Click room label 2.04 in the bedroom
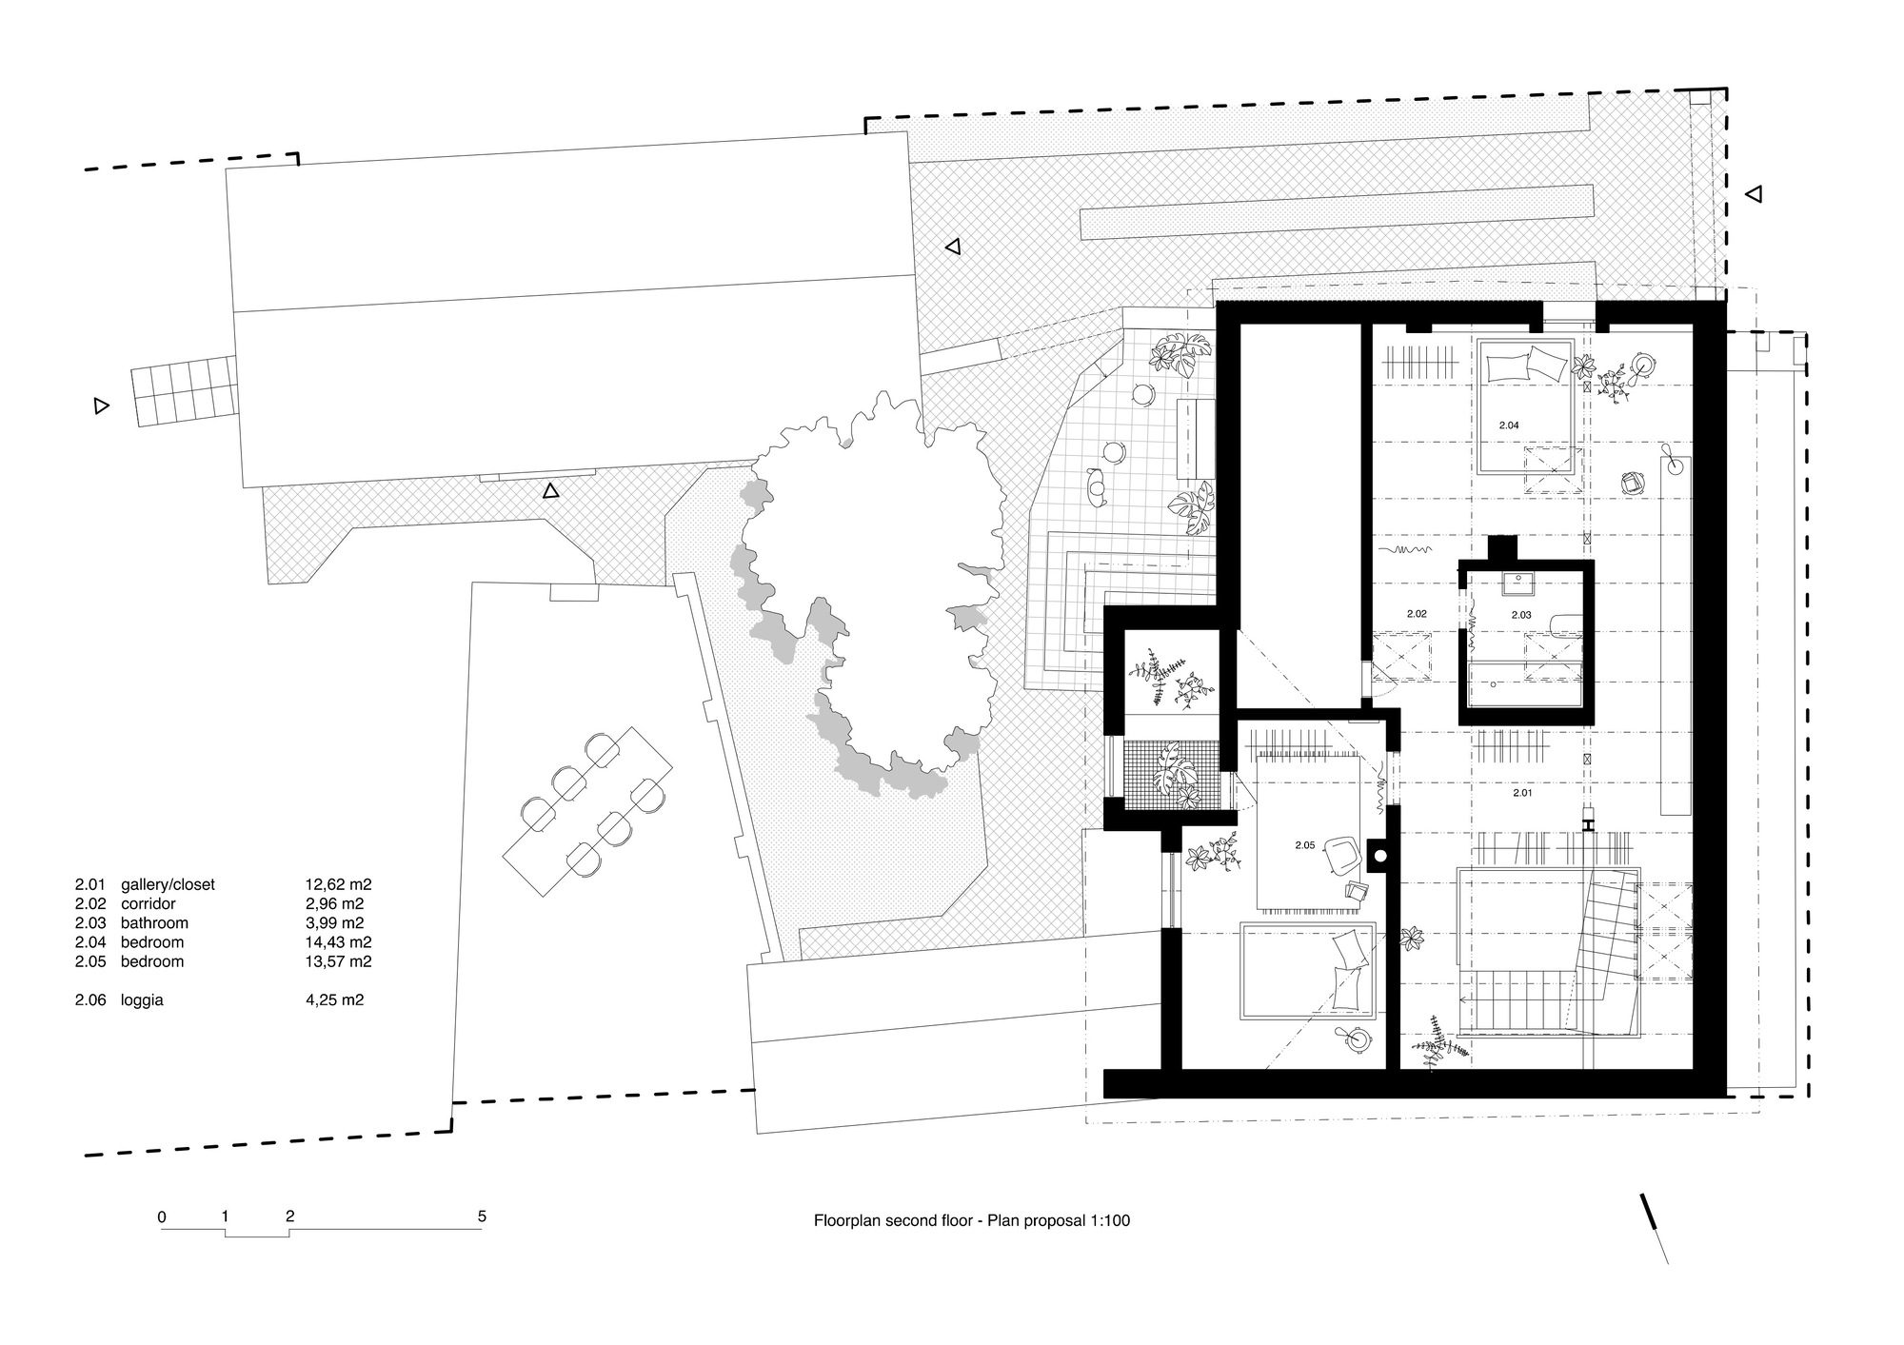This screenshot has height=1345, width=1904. click(1509, 425)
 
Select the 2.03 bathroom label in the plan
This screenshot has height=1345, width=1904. click(1521, 615)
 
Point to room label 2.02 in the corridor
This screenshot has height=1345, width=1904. click(1417, 614)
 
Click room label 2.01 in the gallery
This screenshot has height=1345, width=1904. click(1521, 792)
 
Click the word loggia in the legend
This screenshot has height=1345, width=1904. click(142, 1000)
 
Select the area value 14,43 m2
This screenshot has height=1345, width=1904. click(332, 942)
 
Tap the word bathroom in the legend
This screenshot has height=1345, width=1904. click(154, 922)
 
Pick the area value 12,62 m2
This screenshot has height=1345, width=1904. click(332, 884)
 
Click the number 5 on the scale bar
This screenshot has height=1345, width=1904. click(483, 1216)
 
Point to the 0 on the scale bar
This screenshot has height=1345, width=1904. click(162, 1216)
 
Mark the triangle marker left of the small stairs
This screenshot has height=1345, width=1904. click(101, 406)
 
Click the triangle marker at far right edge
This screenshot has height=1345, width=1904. click(1754, 194)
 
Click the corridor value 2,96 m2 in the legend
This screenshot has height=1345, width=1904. click(328, 903)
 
